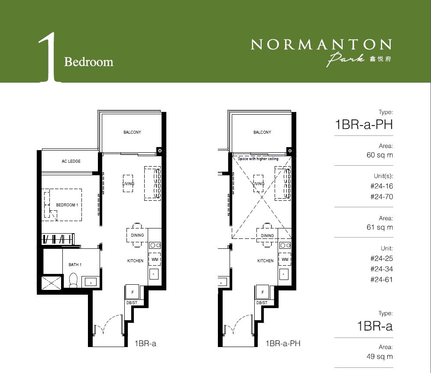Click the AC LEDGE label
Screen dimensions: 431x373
[71, 161]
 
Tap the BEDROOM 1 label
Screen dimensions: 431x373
[67, 205]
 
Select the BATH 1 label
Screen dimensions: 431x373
[75, 264]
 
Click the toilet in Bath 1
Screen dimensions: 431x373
[73, 280]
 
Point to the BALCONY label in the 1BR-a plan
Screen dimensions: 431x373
[132, 132]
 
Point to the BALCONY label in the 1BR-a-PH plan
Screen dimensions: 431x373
[262, 132]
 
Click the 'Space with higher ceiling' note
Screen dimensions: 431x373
[258, 159]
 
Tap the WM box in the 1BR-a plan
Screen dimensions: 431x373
[155, 259]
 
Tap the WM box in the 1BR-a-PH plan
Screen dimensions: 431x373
[285, 259]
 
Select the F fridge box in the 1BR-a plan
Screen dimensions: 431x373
[133, 292]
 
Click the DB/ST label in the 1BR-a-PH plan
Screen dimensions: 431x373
[262, 303]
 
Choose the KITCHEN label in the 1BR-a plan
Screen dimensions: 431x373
[135, 260]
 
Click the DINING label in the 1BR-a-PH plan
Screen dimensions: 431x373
[267, 235]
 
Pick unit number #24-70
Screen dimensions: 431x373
[382, 196]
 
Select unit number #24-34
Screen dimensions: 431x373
[382, 269]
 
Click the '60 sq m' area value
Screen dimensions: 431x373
[379, 155]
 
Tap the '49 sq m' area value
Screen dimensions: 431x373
[379, 357]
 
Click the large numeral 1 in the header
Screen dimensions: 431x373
[49, 58]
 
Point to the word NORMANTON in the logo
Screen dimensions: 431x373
[321, 44]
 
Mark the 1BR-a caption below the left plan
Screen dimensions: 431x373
[146, 343]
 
